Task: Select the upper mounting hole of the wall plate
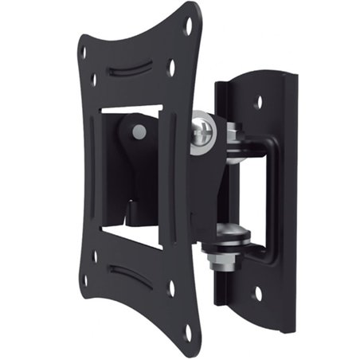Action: (x=260, y=103)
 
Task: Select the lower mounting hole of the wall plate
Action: (x=257, y=293)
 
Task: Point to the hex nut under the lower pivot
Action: (x=219, y=258)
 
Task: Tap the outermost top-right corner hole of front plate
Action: (x=189, y=25)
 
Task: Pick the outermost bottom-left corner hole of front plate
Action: (x=83, y=280)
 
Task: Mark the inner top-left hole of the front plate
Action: (x=94, y=79)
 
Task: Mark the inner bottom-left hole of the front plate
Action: (x=94, y=256)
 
